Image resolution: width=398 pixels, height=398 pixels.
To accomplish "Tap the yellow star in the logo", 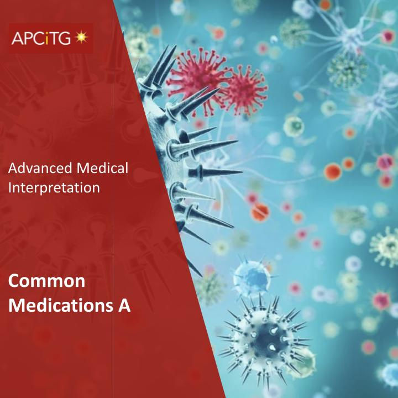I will (82, 38).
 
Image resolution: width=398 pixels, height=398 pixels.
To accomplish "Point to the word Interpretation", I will (54, 188).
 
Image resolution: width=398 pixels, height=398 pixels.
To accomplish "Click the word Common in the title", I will (47, 282).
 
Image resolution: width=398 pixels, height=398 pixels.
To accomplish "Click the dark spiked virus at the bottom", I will (266, 337).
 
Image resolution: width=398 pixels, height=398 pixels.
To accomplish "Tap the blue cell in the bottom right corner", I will (389, 376).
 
